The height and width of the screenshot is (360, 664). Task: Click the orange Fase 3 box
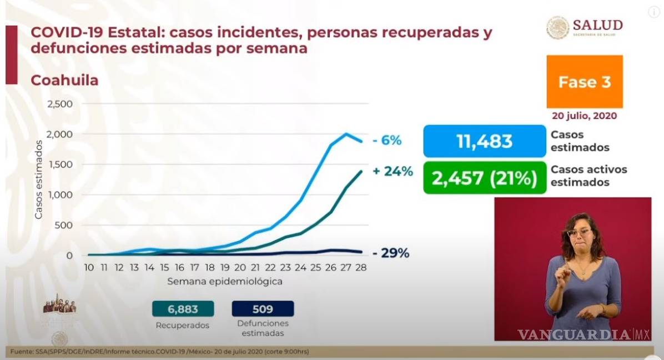[x=584, y=82]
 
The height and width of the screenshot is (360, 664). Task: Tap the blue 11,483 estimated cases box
[x=484, y=141]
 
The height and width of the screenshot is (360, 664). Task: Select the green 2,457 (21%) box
[x=484, y=178]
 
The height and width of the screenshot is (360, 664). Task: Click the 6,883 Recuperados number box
[x=175, y=308]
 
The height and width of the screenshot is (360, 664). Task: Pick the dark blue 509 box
[x=262, y=308]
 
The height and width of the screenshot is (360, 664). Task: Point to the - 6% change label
[x=387, y=141]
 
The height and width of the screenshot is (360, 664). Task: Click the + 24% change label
[x=393, y=172]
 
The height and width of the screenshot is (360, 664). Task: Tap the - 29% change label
[x=391, y=253]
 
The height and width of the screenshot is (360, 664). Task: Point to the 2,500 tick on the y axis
[x=60, y=104]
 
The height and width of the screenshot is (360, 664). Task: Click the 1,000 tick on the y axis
[x=60, y=195]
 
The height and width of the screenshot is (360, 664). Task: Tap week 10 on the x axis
[x=89, y=268]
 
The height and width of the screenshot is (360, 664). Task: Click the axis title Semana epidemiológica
[x=225, y=281]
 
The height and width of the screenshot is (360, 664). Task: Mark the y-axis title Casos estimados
[x=38, y=179]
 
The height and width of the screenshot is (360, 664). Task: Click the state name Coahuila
[x=64, y=80]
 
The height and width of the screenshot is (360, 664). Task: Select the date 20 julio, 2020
[x=584, y=116]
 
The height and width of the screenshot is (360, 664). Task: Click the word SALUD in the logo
[x=597, y=25]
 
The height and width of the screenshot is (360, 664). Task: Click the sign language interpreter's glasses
[x=579, y=232]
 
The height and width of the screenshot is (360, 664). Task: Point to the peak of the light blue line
[x=346, y=133]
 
